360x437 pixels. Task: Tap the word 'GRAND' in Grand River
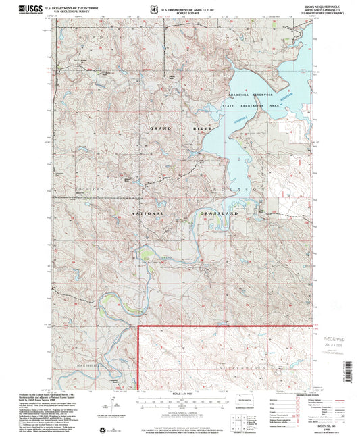tap(148, 128)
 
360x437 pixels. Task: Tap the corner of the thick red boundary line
tap(139, 327)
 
